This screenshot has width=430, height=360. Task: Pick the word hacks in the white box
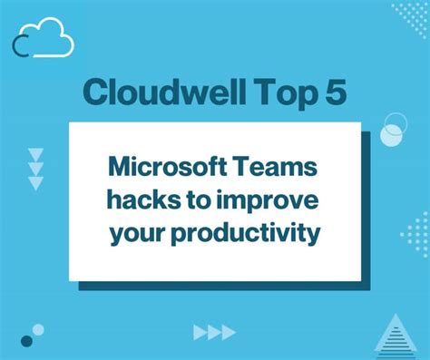point(137,201)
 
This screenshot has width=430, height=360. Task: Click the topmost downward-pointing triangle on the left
point(35,153)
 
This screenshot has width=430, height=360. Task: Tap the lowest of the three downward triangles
point(35,183)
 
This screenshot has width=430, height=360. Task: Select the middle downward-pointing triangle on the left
point(35,168)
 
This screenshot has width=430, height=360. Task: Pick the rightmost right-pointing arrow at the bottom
point(228,333)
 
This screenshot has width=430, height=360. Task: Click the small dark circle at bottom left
point(27,341)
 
